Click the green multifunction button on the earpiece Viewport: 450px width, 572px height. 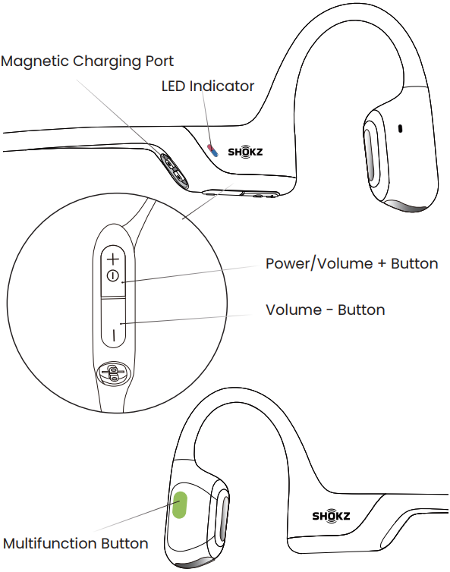point(179,504)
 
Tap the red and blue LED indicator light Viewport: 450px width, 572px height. point(212,150)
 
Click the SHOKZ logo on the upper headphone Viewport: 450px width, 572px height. point(245,152)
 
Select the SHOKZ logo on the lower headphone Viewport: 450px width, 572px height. point(331,516)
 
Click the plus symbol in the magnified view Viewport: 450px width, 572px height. point(113,259)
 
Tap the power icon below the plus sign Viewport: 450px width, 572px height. point(113,276)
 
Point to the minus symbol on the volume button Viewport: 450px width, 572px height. point(114,335)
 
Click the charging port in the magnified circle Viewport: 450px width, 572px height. point(113,373)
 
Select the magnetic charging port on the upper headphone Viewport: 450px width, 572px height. point(174,171)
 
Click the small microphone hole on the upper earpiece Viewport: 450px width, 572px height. point(400,129)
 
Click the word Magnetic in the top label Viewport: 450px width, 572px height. point(35,61)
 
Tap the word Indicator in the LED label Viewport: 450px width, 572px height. point(222,86)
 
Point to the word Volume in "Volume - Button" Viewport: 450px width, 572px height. point(294,310)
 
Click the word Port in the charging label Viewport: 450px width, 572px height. point(159,61)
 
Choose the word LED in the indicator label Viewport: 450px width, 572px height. point(174,86)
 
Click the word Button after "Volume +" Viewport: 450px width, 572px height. point(414,263)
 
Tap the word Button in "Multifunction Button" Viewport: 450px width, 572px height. point(124,543)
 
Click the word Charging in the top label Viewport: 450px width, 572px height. point(107,61)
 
